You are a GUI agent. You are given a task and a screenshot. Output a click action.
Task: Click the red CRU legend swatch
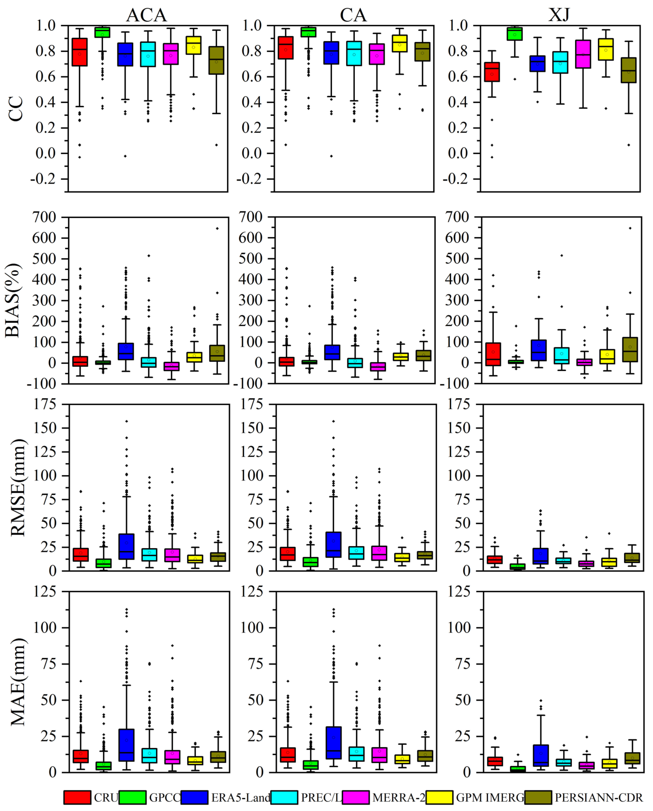pyautogui.click(x=77, y=797)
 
